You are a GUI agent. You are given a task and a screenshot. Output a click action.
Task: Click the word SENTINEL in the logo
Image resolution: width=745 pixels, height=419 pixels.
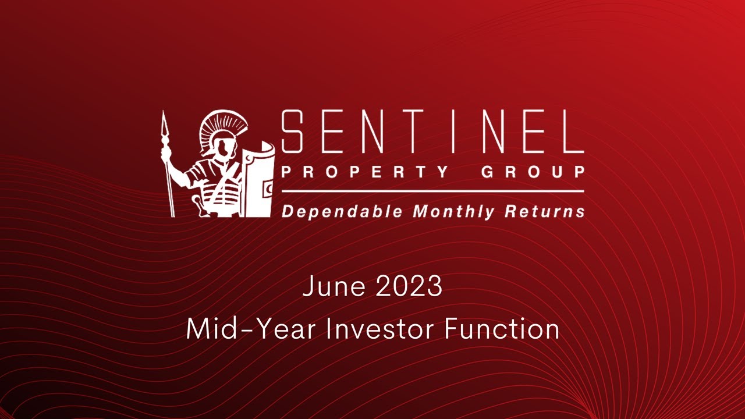pos(432,132)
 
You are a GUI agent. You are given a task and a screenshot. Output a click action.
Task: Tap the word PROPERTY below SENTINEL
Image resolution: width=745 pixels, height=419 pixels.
pos(365,172)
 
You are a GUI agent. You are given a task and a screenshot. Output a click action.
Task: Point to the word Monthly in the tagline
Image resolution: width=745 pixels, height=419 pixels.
pos(453,211)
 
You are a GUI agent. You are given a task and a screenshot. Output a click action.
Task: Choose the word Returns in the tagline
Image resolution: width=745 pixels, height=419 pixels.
pos(544,211)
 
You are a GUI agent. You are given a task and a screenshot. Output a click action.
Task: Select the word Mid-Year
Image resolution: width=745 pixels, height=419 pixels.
pos(251,329)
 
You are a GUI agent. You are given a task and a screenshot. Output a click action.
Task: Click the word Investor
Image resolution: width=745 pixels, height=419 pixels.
pos(381,329)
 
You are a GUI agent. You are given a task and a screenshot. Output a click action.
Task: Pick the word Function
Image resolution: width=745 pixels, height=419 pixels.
pos(502,329)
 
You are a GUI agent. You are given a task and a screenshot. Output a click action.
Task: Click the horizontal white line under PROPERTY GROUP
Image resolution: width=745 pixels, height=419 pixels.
pos(432,191)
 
